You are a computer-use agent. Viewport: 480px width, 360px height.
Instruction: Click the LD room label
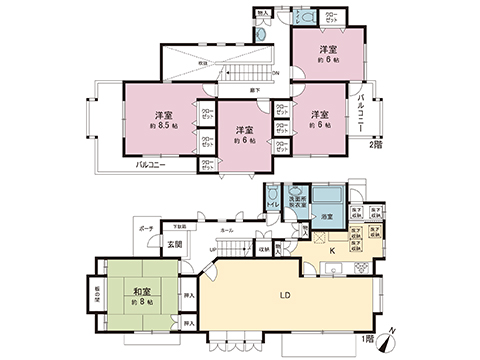pyautogui.click(x=284, y=297)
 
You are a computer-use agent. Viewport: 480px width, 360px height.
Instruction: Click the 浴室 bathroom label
pyautogui.click(x=326, y=216)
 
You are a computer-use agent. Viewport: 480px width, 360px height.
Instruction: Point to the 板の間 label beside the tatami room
pyautogui.click(x=98, y=296)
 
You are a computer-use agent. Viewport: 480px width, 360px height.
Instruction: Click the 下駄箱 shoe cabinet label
pyautogui.click(x=175, y=228)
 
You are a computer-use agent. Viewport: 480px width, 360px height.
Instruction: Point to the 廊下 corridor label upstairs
pyautogui.click(x=257, y=91)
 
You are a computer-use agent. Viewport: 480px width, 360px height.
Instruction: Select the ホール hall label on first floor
pyautogui.click(x=228, y=230)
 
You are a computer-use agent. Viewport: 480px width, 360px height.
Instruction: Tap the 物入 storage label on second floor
pyautogui.click(x=264, y=14)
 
